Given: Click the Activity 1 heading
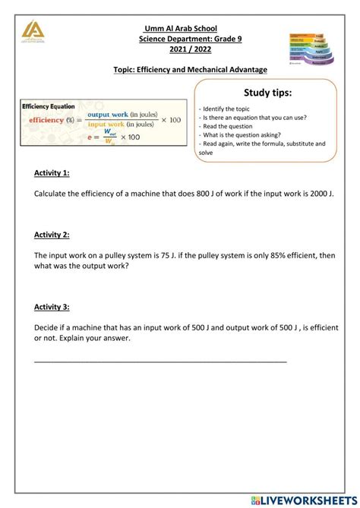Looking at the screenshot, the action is coord(52,173).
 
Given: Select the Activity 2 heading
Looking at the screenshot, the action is coord(52,236).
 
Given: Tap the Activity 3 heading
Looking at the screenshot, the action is coord(52,307).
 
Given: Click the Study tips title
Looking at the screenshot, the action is coord(267,93).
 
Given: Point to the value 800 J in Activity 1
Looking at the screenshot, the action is coord(191,194).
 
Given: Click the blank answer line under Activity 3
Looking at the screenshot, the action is coord(160,360).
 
